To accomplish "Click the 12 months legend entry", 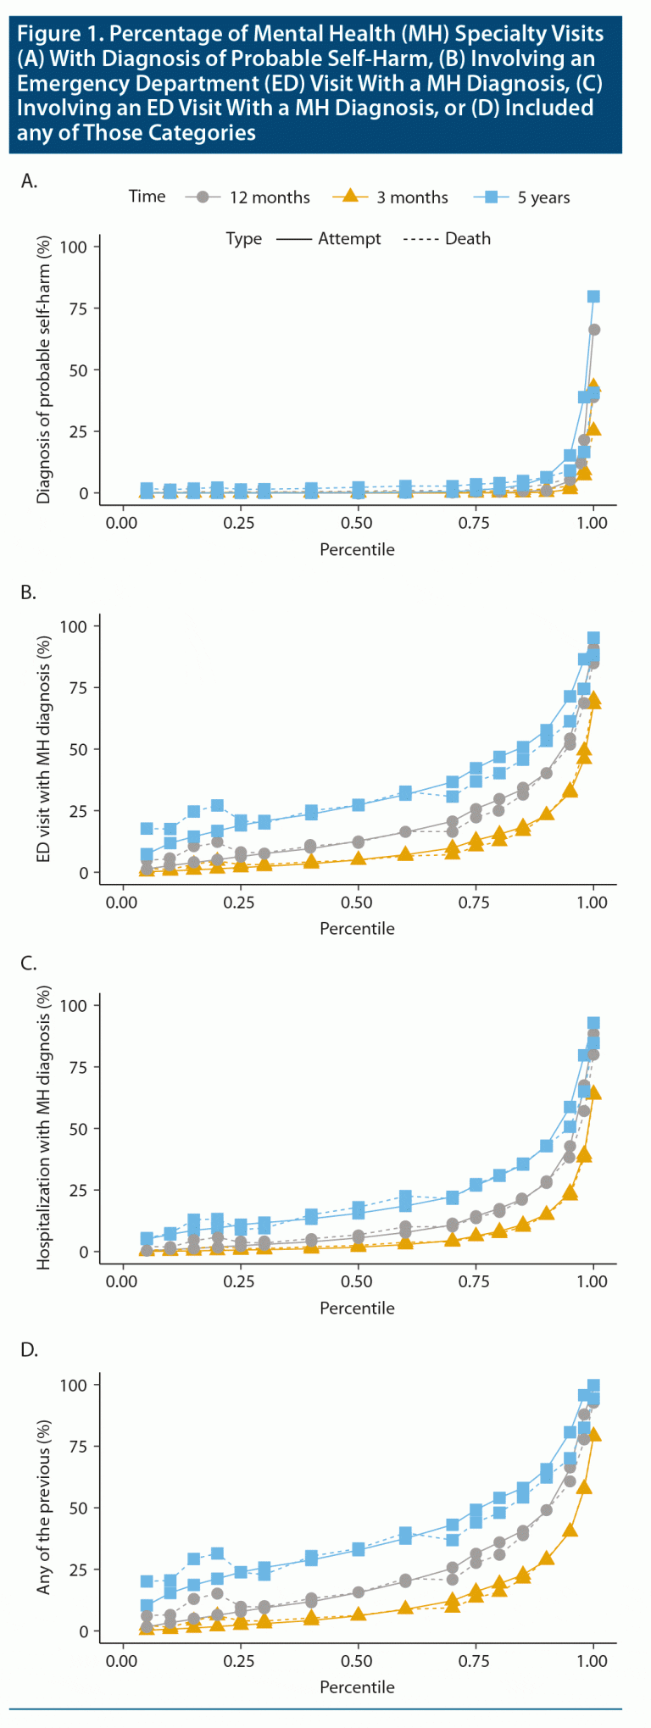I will (269, 197).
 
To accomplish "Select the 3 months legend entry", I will (412, 197).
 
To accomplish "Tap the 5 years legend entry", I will (543, 197).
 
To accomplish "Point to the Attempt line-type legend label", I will (349, 239).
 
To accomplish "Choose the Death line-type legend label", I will (468, 239).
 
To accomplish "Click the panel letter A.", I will (30, 181).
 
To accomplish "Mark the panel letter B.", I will (30, 592).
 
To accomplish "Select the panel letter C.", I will (30, 963).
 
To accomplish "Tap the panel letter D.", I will (30, 1349).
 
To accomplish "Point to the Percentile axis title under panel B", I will (357, 929).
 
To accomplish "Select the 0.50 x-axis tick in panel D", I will (357, 1660).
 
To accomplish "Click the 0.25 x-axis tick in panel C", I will (239, 1281).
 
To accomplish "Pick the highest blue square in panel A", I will (593, 297).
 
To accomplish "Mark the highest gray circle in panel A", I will (594, 330).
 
